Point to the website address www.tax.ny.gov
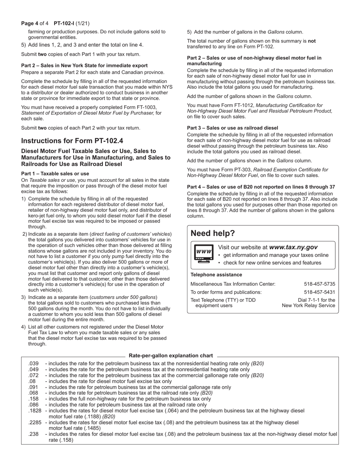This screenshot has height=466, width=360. [x=293, y=247]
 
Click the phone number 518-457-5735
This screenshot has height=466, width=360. [x=319, y=284]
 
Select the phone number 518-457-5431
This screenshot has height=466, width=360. [x=319, y=292]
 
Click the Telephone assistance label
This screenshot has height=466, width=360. [x=216, y=275]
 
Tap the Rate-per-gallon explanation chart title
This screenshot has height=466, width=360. [x=171, y=356]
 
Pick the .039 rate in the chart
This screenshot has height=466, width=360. [x=33, y=363]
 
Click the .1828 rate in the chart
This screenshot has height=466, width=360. [x=35, y=411]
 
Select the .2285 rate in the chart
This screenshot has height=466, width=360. [x=35, y=422]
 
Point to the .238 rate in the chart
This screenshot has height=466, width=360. [x=33, y=434]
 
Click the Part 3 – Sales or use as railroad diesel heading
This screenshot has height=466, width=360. [x=232, y=128]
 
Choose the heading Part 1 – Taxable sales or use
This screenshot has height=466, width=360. [x=55, y=174]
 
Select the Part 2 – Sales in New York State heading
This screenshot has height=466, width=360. [x=84, y=66]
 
